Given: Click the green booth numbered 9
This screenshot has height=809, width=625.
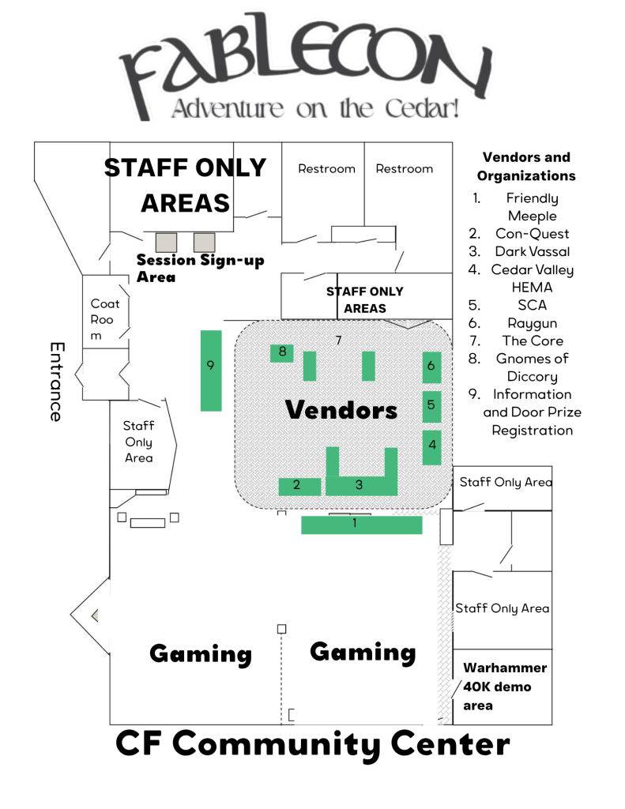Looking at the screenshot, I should point(210,371).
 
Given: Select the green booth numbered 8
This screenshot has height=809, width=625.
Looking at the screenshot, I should point(282,352).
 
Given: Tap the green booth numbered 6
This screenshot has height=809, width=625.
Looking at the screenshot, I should point(431,367).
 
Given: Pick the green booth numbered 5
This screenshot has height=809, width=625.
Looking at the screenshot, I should point(431,405).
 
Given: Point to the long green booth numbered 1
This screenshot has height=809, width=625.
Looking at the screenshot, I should point(361,525).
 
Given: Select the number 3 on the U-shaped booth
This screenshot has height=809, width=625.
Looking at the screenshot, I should point(359,485).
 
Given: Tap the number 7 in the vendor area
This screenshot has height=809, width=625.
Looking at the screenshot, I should point(338,340).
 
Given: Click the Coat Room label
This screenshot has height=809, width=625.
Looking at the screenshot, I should point(104,319).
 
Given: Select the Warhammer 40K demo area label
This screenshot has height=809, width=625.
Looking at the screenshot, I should point(503,687).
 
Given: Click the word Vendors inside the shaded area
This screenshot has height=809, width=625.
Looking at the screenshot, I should point(341,409).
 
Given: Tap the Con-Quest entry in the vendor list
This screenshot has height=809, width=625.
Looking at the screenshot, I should point(532,233).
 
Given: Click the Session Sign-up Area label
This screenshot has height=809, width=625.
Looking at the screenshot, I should point(199,268).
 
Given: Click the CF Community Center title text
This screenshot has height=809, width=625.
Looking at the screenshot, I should point(312,744).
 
